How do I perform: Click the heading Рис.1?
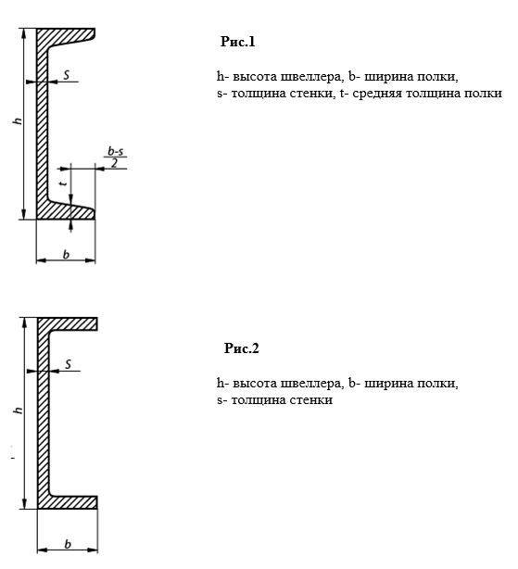click(237, 42)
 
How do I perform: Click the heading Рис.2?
click(242, 348)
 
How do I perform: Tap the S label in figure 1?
click(67, 75)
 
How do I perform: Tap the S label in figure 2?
click(69, 364)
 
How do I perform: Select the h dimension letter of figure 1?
click(19, 120)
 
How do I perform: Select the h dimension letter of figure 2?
click(19, 410)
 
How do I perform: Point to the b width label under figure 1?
click(66, 255)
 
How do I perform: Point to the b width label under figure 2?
click(68, 544)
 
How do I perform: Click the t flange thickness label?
click(64, 183)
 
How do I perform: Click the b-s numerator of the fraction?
click(115, 151)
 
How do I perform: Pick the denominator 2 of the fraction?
click(115, 163)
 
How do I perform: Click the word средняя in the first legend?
click(377, 94)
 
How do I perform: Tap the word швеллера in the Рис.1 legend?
click(311, 77)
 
